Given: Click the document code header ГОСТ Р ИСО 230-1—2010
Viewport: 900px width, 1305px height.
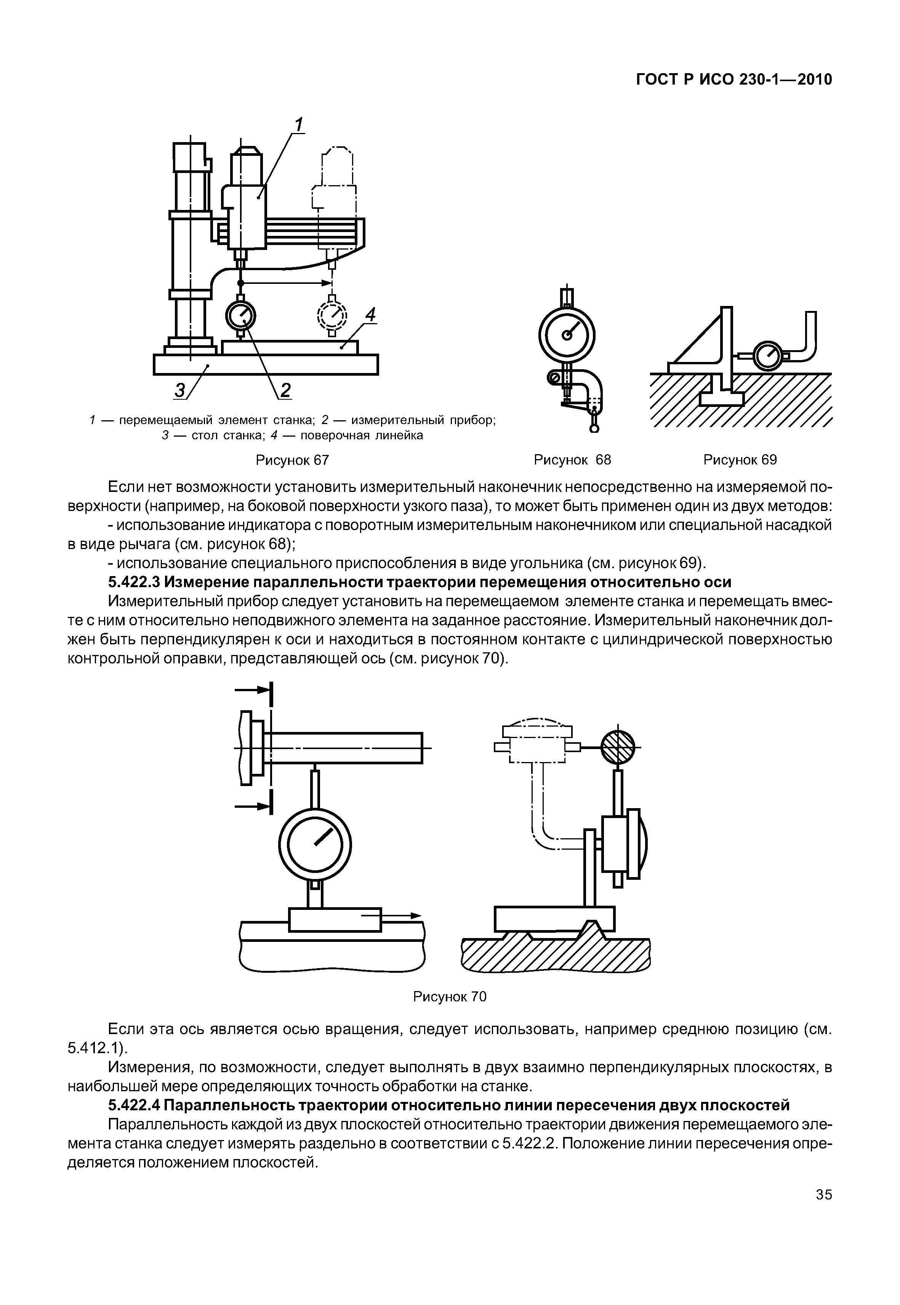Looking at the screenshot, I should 733,80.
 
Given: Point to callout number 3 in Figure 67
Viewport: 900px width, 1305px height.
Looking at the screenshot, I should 181,390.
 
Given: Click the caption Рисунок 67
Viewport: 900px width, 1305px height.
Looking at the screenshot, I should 292,460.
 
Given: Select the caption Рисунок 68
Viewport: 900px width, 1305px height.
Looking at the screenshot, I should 572,460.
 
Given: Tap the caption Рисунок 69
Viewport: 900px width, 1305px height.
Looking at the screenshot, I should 740,460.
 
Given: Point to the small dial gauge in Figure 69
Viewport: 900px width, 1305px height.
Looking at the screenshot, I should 767,356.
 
